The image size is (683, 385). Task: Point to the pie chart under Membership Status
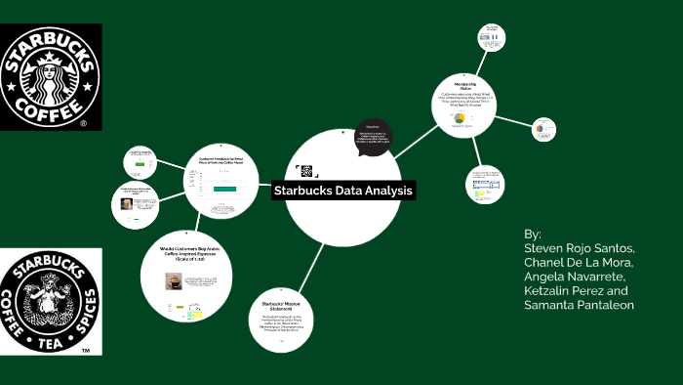457,118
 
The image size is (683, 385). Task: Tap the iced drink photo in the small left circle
126,204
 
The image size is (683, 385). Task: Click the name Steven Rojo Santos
580,249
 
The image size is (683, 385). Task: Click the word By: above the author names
532,235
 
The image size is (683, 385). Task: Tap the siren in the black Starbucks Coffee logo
51,77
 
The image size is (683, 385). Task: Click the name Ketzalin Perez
563,291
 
